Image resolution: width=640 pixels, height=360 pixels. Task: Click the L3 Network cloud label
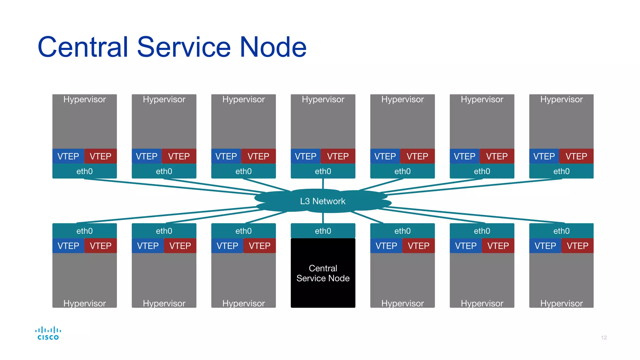322,201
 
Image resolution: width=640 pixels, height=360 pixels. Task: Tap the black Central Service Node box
323,273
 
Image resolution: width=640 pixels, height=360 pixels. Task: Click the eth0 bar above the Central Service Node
323,231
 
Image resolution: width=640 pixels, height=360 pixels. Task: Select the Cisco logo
48,333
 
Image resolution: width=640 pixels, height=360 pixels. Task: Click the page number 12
603,337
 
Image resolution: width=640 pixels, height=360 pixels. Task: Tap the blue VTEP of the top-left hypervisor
68,156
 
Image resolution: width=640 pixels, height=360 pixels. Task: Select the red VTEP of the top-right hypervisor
576,156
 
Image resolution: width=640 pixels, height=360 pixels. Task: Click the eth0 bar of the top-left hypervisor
84,171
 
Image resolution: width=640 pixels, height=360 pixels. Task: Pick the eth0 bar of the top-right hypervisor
561,171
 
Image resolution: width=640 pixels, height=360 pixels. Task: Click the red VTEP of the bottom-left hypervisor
100,246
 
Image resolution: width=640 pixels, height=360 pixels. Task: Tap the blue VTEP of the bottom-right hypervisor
545,246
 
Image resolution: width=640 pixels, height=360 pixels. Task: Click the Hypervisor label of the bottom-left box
84,303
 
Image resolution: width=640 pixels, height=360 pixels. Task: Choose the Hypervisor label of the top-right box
561,99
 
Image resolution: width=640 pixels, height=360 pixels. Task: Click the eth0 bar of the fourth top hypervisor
323,171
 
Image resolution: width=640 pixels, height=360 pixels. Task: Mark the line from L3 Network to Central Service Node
323,218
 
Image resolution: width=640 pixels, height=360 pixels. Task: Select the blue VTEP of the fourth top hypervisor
305,156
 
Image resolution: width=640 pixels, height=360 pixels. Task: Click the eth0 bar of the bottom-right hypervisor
561,231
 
